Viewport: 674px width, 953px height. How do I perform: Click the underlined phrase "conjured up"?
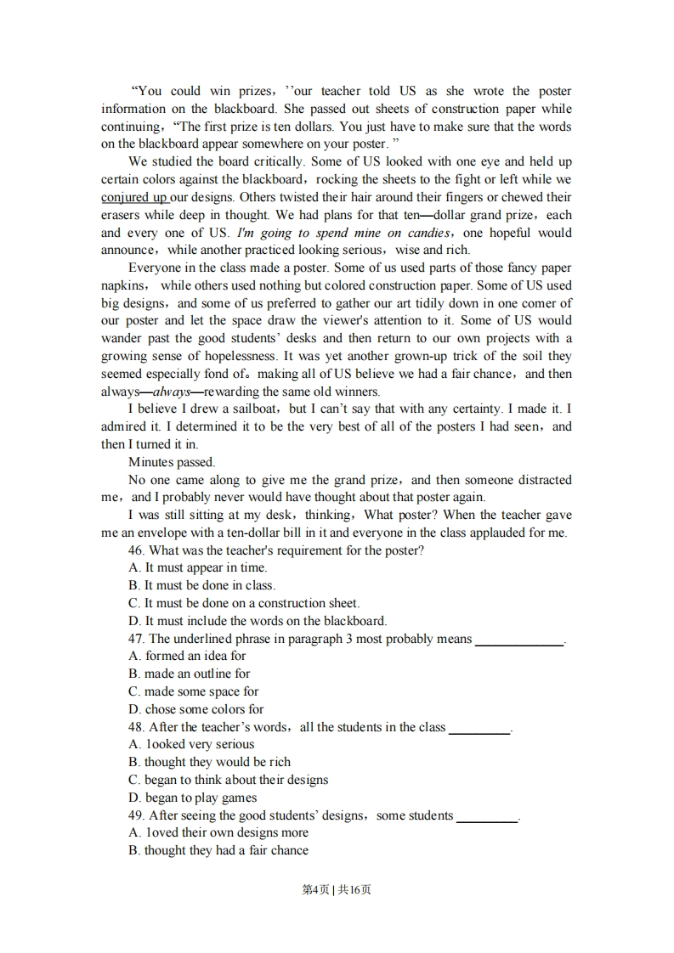point(133,197)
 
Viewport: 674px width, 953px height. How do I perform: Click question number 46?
point(136,550)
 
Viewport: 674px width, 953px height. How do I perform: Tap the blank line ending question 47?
point(519,641)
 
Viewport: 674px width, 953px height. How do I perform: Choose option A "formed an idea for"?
point(187,656)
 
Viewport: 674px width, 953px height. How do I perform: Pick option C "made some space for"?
point(193,691)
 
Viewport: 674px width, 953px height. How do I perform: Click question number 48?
point(136,727)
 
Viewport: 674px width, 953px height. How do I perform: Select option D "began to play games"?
point(192,798)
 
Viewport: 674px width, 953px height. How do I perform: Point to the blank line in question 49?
point(487,818)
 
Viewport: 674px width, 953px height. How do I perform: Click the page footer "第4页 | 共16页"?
point(337,889)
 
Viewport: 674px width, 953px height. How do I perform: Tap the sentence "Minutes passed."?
point(172,462)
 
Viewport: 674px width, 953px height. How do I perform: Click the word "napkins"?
point(123,285)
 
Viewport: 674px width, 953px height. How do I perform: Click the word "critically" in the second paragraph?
point(275,161)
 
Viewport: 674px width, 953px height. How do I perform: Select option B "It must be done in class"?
point(202,585)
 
